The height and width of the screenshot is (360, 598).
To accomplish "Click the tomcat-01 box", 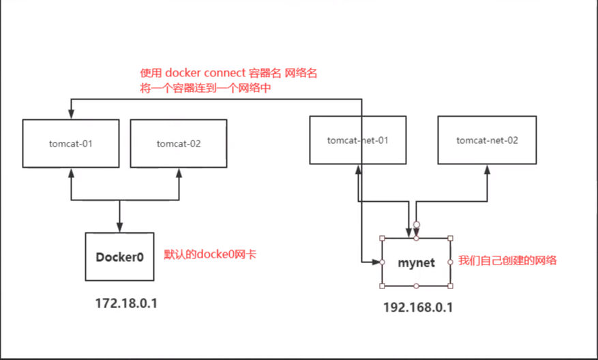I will pos(70,143).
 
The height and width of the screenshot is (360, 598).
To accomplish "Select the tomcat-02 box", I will pos(179,143).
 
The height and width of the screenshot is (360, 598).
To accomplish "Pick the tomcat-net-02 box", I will pos(487,140).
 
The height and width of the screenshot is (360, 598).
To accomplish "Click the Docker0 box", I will pos(119,256).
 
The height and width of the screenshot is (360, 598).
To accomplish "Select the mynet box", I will pos(416,262).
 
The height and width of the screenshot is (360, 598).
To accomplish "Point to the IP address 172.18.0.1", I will pos(127,303).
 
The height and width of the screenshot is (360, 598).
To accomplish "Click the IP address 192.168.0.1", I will pos(418,307).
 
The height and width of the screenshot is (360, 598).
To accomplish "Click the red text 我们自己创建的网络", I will pos(507,260).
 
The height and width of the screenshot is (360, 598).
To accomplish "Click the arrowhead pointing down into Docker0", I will pos(119,228).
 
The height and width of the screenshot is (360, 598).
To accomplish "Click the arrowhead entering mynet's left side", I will pos(377,262).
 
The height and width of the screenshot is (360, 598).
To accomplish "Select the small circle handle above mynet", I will pos(416,224).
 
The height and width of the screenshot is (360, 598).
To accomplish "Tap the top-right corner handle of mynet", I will pos(450,238).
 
